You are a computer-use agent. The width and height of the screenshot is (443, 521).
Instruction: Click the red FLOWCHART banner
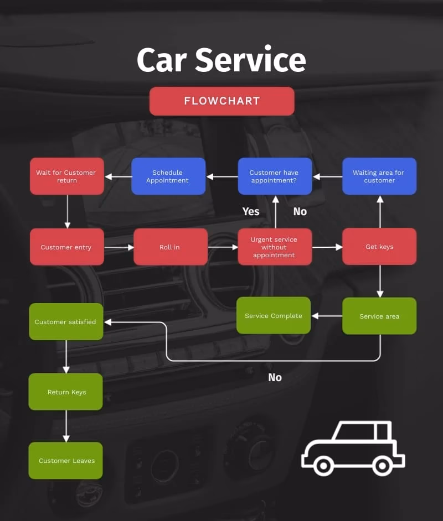click(221, 101)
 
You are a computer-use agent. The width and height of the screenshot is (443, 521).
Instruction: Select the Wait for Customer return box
click(66, 176)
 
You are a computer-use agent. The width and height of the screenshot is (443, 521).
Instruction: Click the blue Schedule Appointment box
click(168, 176)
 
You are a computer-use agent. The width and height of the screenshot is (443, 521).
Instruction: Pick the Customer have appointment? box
click(275, 176)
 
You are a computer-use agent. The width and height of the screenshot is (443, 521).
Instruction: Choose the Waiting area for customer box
click(379, 176)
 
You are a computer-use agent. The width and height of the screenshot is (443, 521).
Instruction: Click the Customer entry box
click(66, 247)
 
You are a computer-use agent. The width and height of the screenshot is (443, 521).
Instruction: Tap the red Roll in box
click(170, 247)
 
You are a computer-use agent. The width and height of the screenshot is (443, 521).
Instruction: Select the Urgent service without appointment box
click(275, 247)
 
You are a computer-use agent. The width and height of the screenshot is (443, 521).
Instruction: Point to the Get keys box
click(379, 247)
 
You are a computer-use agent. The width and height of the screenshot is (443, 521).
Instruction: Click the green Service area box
click(379, 316)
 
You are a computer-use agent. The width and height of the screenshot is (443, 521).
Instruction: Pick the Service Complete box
click(274, 316)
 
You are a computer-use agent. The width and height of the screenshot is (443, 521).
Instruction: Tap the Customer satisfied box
click(66, 321)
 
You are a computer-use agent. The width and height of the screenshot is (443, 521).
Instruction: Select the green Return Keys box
click(66, 392)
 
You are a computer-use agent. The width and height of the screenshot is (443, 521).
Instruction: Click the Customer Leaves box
click(66, 460)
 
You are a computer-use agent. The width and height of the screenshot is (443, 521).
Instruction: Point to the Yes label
click(251, 211)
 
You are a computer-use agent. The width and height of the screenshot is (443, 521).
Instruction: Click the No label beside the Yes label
click(300, 211)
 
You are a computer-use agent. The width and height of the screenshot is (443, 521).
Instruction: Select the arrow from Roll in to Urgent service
click(223, 247)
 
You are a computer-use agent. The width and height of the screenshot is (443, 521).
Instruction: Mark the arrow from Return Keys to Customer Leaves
click(66, 426)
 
